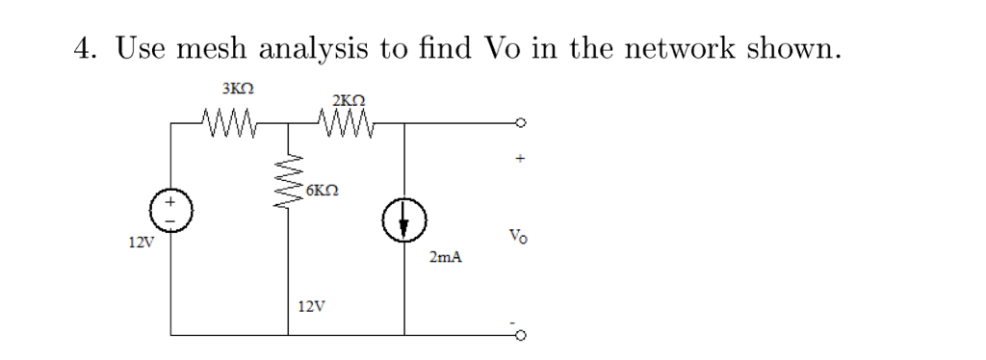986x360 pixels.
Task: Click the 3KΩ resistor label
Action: coord(237,90)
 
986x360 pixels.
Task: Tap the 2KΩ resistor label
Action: coord(348,100)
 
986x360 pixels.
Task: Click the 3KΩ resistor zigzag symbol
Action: coord(228,123)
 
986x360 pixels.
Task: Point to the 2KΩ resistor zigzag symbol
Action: coord(342,123)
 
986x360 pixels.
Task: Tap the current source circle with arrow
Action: coord(404,224)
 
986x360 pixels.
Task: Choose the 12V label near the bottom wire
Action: coord(311,307)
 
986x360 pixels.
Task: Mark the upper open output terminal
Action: coord(521,123)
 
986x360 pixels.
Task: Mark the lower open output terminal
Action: coord(521,335)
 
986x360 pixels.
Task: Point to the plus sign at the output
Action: coord(519,159)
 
